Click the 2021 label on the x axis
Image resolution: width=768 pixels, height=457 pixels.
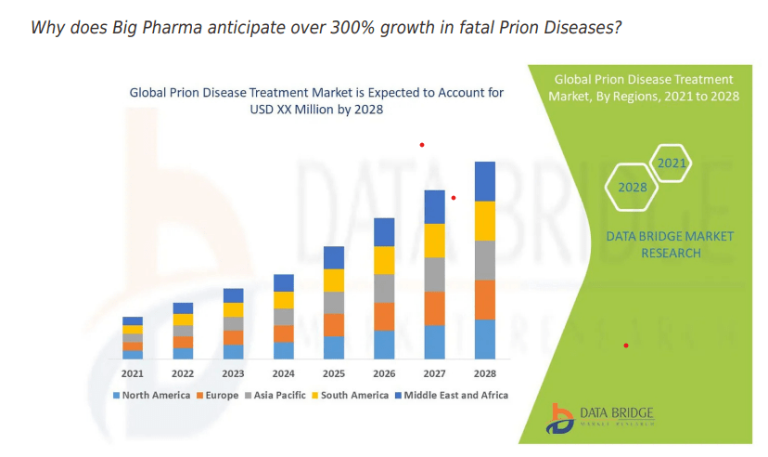tap(133, 373)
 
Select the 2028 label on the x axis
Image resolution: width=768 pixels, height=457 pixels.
tap(484, 373)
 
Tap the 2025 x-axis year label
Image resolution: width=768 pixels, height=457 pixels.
tap(334, 373)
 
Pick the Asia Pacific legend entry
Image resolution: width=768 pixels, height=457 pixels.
tap(279, 395)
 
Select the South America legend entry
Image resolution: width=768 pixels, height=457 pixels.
tap(354, 395)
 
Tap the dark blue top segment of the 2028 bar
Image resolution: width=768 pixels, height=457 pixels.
tap(485, 181)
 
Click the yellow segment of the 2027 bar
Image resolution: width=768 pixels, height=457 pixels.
tap(435, 241)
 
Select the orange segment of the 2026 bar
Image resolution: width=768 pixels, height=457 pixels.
tap(384, 316)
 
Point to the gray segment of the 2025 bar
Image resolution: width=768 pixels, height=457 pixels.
tap(334, 303)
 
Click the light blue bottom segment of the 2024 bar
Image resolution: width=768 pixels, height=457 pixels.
tap(284, 350)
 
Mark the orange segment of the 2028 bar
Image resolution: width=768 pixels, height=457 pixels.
tap(485, 299)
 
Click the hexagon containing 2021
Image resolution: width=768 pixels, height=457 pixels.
tap(671, 164)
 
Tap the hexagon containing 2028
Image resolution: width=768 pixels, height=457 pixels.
tap(632, 188)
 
